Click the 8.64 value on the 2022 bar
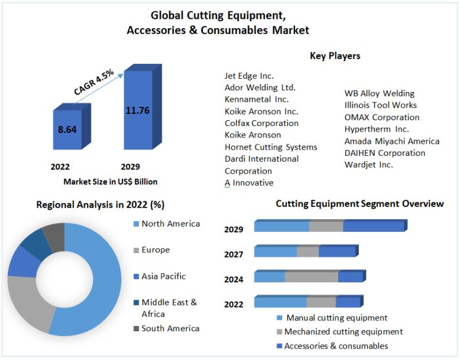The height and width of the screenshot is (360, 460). coord(67,129)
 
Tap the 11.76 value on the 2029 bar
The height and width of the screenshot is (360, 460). coord(137,110)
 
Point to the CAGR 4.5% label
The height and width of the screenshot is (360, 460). coord(94,82)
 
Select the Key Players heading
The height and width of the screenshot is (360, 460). coord(335,56)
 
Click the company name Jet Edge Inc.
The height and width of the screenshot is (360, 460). coord(249,76)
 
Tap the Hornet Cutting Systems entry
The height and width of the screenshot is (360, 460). coord(271,147)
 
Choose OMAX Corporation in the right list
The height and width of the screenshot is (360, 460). coord(382,117)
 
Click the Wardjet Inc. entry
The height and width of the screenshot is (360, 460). coord(369,165)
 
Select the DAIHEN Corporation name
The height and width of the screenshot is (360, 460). coord(385,153)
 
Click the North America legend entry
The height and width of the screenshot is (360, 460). coord(171,224)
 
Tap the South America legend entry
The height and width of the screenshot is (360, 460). coord(170,328)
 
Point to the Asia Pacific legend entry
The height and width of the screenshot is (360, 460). coord(163,276)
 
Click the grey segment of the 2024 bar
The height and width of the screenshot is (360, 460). coord(311,277)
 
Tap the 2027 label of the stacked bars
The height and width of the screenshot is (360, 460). coord(233,254)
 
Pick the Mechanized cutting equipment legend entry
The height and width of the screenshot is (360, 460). coord(343,332)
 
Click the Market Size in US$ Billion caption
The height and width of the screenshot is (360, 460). coord(110,182)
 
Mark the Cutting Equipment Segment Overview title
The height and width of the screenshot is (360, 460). coord(359,204)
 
